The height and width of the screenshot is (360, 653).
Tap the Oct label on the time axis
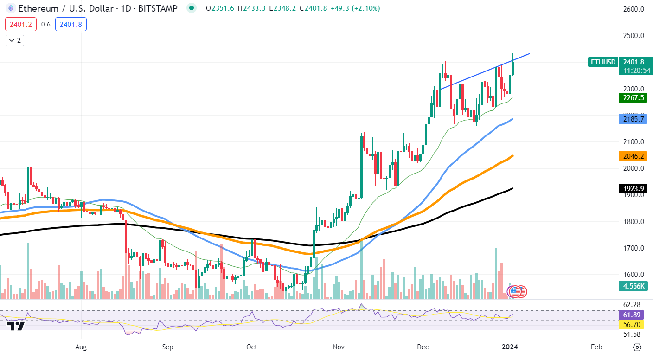(x=252, y=347)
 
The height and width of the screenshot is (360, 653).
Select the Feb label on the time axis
(x=596, y=347)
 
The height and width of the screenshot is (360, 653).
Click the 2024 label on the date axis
(x=511, y=347)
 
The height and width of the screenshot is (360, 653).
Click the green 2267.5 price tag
(x=633, y=98)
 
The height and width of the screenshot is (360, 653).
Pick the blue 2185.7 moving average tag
(x=633, y=119)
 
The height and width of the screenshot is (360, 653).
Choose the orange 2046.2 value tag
(x=633, y=156)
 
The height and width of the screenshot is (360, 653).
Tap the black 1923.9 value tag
(x=633, y=189)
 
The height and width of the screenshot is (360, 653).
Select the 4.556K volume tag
(x=633, y=286)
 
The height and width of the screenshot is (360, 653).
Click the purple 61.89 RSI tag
(x=633, y=315)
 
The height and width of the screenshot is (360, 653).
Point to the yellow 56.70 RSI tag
(x=633, y=325)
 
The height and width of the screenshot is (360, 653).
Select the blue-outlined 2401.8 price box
(x=70, y=24)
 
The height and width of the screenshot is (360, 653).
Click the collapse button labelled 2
(x=14, y=40)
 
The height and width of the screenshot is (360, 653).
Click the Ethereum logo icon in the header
(x=10, y=8)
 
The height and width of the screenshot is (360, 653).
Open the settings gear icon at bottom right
(x=637, y=347)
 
